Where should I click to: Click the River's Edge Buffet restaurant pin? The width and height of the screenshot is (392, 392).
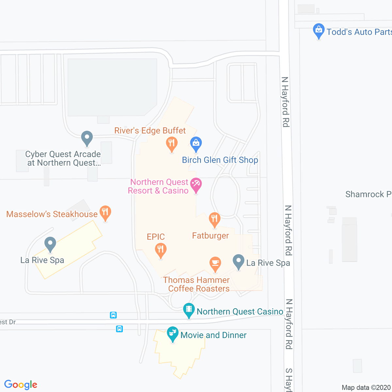171,144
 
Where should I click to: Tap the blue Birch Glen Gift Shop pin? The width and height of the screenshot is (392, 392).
196,144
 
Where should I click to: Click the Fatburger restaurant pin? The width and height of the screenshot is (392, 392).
214,220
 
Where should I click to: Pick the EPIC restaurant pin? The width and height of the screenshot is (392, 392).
160,250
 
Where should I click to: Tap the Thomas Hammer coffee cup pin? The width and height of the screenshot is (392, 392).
215,264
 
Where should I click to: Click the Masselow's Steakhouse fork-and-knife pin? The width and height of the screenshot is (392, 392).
105,213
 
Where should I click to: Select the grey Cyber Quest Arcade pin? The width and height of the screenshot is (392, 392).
87,138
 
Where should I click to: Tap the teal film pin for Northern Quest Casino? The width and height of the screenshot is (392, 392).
189,310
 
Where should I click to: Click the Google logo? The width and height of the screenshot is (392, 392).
21,385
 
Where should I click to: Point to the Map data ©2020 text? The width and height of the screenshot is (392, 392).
366,387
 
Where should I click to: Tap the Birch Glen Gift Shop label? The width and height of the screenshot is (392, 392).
220,160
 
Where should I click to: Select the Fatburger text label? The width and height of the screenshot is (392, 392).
210,236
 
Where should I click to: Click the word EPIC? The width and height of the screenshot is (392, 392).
155,237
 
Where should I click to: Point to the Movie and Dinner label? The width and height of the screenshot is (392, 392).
213,335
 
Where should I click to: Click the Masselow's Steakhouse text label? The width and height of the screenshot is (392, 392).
52,214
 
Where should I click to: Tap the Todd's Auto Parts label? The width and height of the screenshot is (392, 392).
359,32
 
